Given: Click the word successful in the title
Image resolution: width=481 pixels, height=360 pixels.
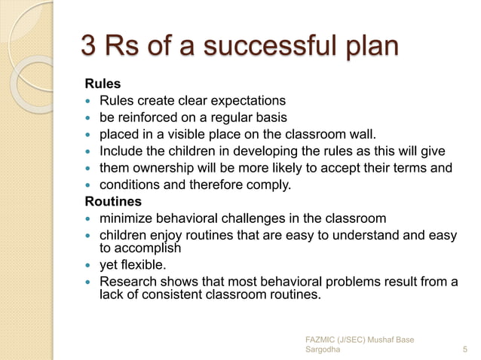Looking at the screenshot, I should pos(269,47).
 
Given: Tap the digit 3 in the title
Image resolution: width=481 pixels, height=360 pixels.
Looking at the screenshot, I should pos(89,47).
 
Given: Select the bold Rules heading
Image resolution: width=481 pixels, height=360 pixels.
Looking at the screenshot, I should pos(102,84).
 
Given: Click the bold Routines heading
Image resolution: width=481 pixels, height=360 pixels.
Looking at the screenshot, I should pos(113,202).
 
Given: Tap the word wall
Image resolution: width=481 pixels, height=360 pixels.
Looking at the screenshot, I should pos(360,135).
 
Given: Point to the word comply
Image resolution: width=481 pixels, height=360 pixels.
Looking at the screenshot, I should pos(273,185).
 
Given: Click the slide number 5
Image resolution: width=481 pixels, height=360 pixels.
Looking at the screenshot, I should pos(464,349).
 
